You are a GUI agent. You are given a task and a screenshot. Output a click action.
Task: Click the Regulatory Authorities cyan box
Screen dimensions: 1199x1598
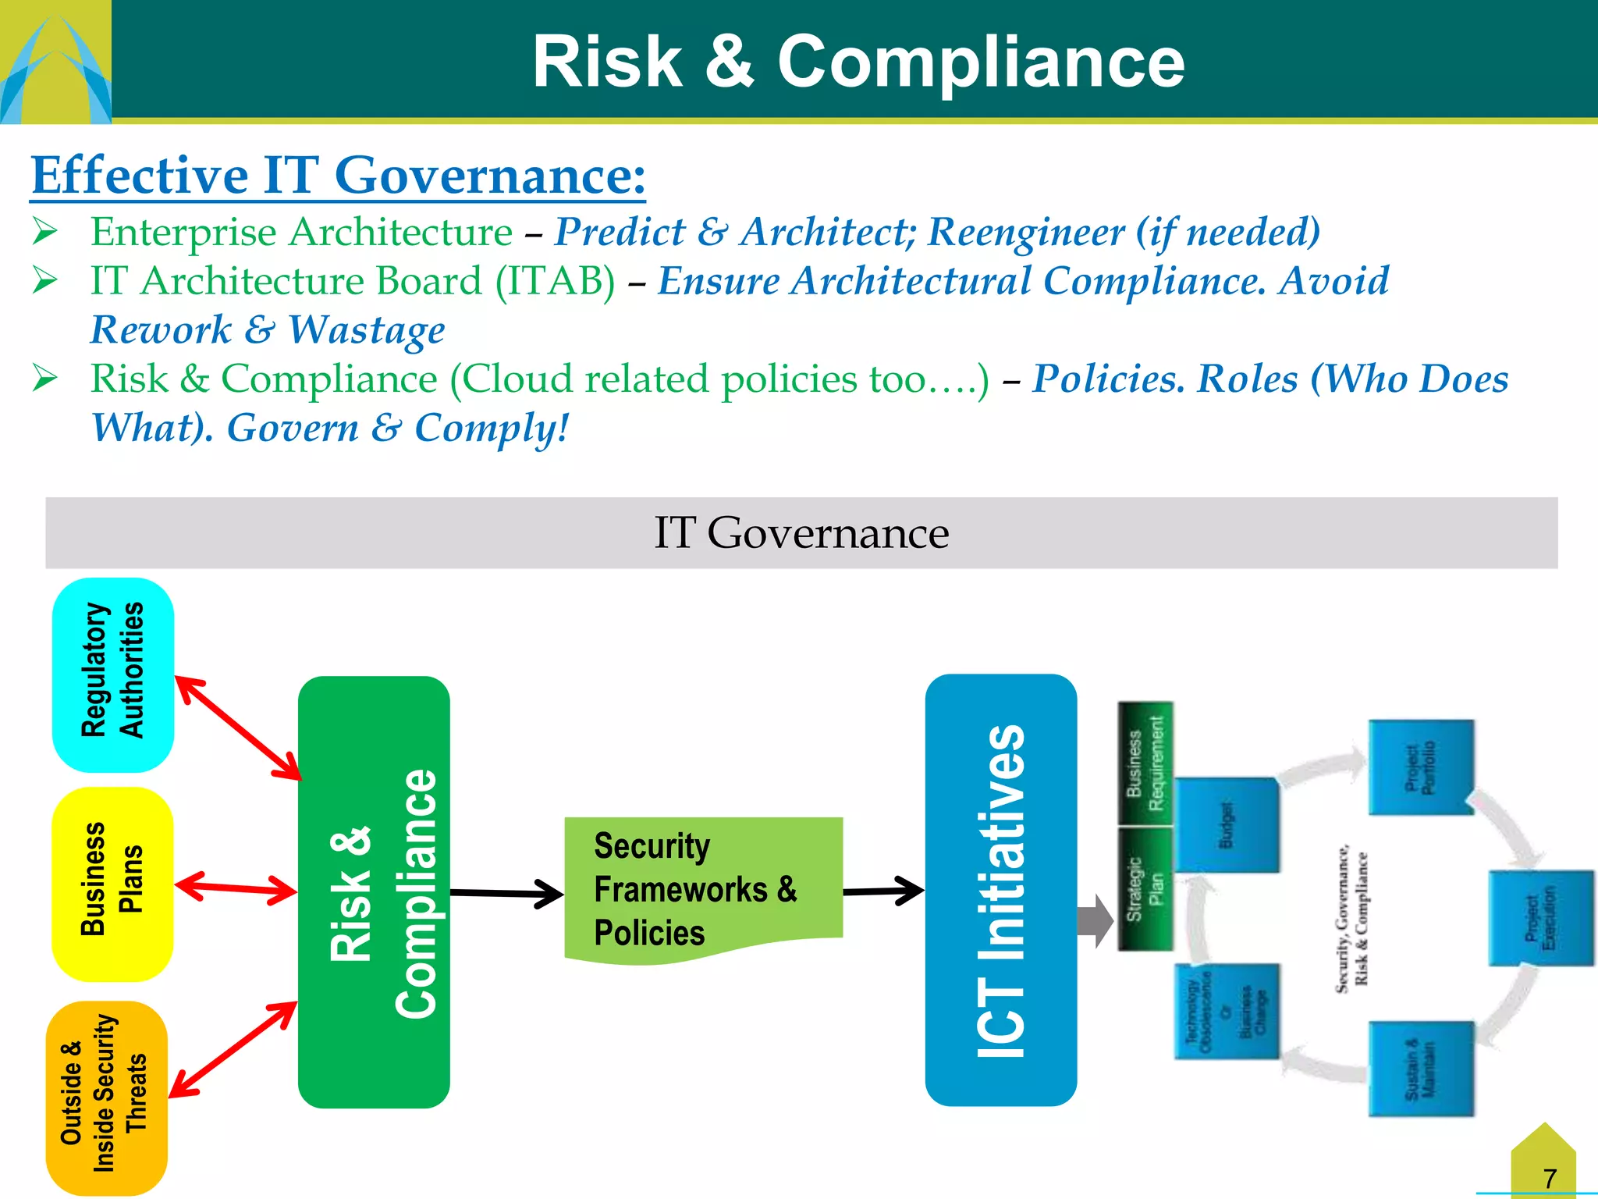[x=112, y=674]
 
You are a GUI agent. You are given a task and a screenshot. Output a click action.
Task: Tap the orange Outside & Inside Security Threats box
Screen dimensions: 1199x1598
[x=107, y=1098]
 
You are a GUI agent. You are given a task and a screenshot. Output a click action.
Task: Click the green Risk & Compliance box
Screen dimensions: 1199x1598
[x=374, y=891]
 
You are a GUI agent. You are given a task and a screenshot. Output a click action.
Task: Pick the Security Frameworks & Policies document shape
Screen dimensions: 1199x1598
[x=702, y=886]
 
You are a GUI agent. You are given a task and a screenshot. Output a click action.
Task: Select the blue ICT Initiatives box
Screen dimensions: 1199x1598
[x=1000, y=890]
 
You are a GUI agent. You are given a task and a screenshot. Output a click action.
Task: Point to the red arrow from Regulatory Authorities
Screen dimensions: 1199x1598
[x=238, y=728]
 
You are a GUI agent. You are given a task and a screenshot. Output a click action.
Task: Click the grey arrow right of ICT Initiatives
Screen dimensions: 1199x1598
[x=1094, y=921]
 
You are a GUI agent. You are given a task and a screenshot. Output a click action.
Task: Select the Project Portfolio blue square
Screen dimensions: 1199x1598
[x=1422, y=767]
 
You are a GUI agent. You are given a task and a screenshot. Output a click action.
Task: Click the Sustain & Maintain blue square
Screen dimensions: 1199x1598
[x=1421, y=1069]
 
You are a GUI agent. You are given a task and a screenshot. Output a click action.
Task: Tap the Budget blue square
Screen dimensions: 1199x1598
[x=1227, y=824]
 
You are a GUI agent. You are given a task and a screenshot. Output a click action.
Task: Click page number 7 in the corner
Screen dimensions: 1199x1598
[x=1550, y=1177]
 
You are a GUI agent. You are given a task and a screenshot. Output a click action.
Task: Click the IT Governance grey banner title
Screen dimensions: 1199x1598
[x=801, y=533]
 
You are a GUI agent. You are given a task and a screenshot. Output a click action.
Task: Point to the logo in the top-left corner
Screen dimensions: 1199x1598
[x=55, y=62]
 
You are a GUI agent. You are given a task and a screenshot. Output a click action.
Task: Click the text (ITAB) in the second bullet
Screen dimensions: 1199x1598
[x=555, y=281]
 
